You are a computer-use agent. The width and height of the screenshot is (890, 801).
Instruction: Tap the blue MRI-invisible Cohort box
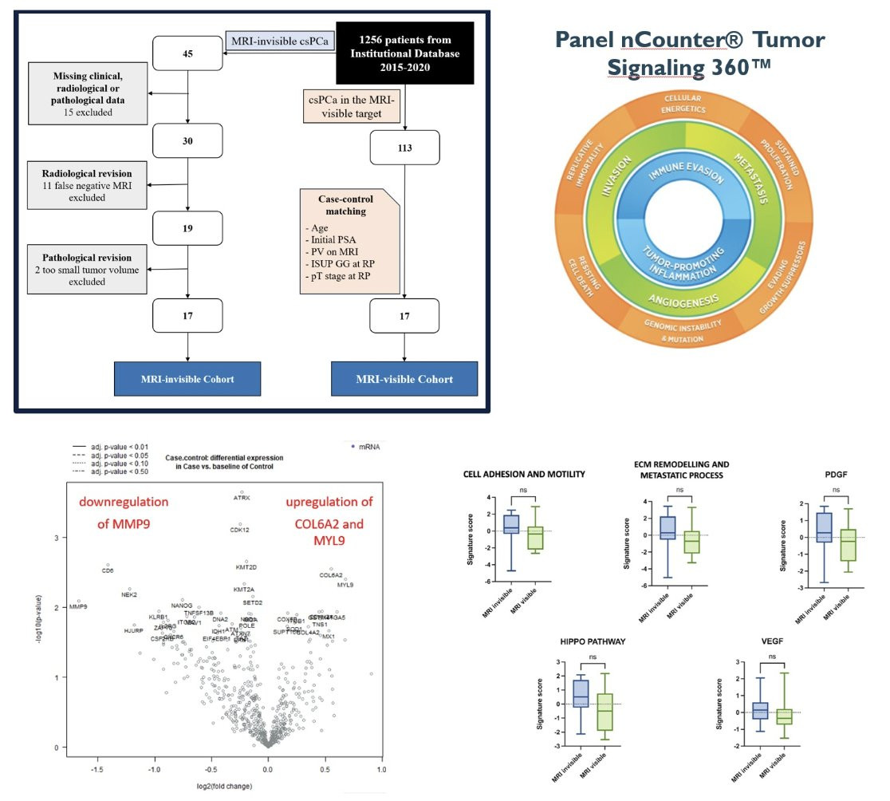click(187, 379)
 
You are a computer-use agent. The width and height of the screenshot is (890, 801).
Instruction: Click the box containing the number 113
click(404, 146)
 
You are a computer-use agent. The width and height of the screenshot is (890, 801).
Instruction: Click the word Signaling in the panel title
click(651, 68)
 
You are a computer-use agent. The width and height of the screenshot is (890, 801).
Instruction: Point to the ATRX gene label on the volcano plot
click(241, 498)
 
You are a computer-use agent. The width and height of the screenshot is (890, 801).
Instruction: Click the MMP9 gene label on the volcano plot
click(78, 607)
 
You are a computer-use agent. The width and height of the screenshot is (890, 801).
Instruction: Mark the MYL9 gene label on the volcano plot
click(345, 585)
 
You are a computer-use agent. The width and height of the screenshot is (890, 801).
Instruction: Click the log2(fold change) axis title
click(224, 786)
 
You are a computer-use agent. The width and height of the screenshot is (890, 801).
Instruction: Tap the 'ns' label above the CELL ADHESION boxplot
click(523, 491)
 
